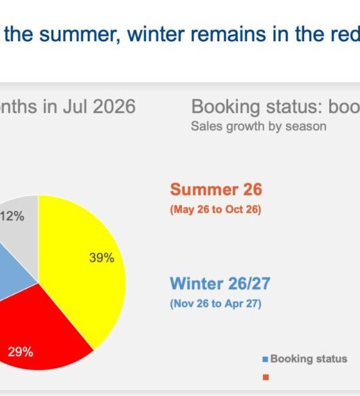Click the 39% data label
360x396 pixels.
pyautogui.click(x=102, y=258)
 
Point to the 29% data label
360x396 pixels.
pyautogui.click(x=20, y=352)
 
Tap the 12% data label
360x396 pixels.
pyautogui.click(x=12, y=217)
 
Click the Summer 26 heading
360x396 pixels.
pyautogui.click(x=216, y=190)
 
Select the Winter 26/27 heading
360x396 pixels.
pyautogui.click(x=220, y=283)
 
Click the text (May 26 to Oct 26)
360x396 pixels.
pyautogui.click(x=215, y=210)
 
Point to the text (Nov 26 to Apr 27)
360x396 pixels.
pyautogui.click(x=215, y=303)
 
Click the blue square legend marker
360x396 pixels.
pyautogui.click(x=265, y=359)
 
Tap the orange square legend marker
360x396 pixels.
pyautogui.click(x=265, y=377)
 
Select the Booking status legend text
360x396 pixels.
pyautogui.click(x=309, y=359)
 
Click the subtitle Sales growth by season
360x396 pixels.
pyautogui.click(x=258, y=126)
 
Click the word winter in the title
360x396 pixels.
pyautogui.click(x=156, y=34)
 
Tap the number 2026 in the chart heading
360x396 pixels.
pyautogui.click(x=114, y=106)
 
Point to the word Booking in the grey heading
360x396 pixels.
pyautogui.click(x=226, y=107)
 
